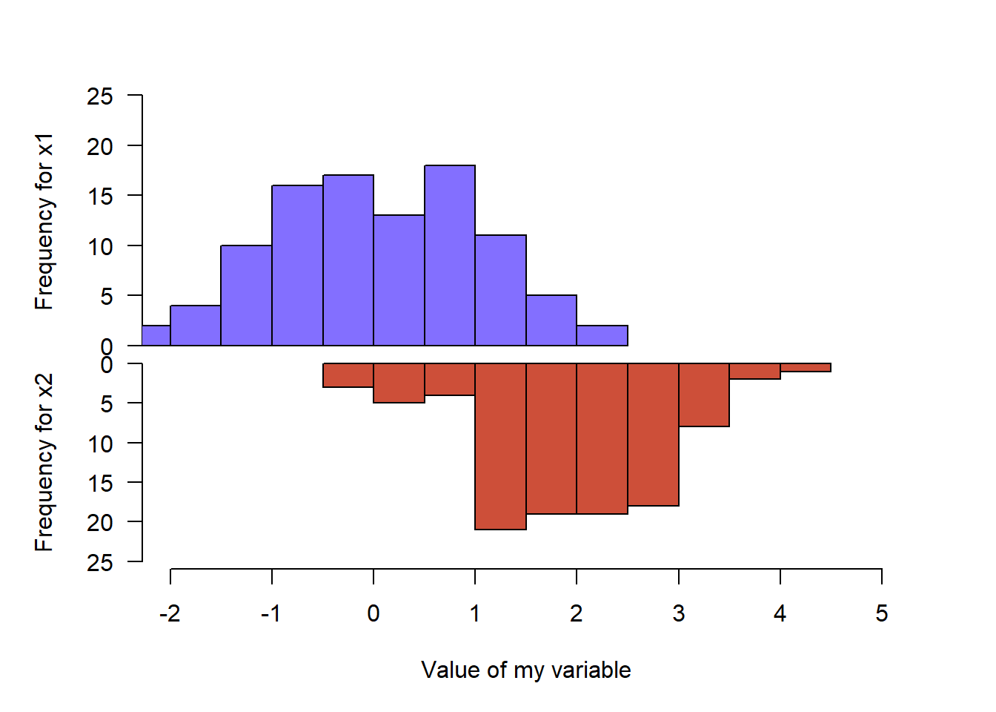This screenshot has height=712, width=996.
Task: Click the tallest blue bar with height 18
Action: coord(450,255)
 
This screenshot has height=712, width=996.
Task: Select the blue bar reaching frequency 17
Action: coord(348,260)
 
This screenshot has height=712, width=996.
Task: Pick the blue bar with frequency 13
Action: coord(399,280)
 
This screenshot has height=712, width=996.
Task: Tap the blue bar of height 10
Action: coord(246,295)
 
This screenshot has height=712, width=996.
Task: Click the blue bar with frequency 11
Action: coord(500,290)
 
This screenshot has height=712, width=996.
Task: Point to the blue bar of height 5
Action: coord(551,320)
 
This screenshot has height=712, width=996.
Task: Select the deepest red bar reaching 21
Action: coord(500,446)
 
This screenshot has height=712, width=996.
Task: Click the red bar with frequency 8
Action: coord(704,395)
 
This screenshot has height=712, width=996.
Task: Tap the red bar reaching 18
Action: coord(653,435)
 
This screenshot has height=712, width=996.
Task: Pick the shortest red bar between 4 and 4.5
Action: coord(806,368)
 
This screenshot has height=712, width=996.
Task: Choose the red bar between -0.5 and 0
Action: coord(348,375)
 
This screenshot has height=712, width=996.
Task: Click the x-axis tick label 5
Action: coord(881,613)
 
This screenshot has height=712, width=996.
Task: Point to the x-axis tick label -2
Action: coord(170,613)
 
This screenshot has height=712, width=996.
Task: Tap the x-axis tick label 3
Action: coord(678,613)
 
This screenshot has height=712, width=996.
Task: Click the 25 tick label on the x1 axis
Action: coord(100,96)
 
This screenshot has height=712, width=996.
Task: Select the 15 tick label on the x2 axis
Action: coord(100,483)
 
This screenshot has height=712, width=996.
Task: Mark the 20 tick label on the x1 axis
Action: coord(100,146)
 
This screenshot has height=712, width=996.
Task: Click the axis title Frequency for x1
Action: coord(44,221)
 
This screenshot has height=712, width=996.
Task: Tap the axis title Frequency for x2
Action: coord(44,463)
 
